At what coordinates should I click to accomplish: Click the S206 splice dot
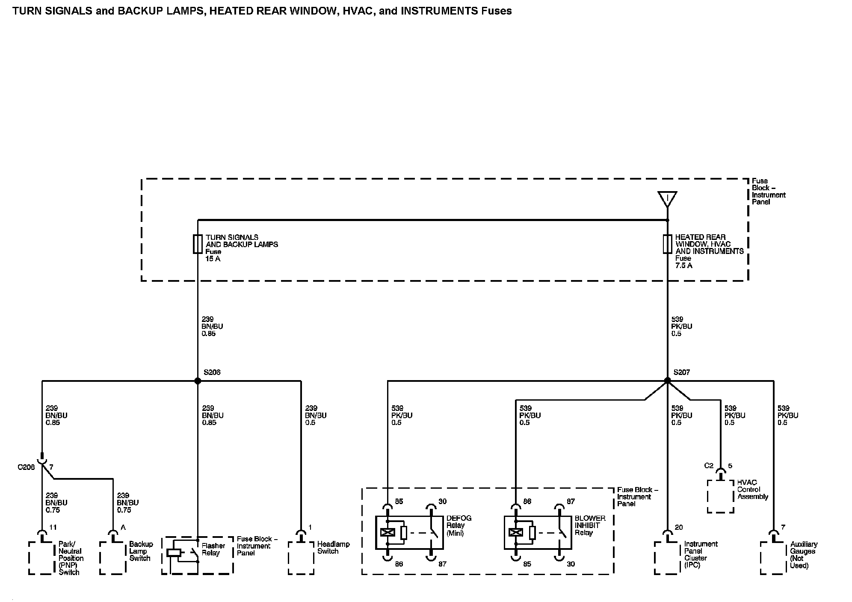pos(198,381)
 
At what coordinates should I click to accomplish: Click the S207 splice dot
pos(667,381)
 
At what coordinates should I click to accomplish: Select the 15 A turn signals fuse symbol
pos(198,244)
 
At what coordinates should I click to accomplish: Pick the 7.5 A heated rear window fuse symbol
pos(667,244)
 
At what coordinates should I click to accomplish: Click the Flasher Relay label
pos(213,549)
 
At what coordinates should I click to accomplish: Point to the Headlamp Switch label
pos(333,548)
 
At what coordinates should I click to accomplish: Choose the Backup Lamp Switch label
pos(141,551)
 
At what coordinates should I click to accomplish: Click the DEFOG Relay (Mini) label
pos(459,525)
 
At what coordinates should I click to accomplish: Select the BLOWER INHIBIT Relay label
pos(590,525)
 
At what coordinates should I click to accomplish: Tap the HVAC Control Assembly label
pos(752,490)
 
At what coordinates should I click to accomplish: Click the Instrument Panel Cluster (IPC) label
pos(701,555)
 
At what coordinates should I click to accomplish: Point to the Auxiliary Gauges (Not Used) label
pos(803,555)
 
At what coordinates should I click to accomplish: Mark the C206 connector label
pos(26,467)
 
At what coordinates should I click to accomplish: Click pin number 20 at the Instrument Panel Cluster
pos(679,527)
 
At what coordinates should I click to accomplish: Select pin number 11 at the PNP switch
pos(53,527)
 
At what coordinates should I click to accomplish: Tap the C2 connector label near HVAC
pos(709,465)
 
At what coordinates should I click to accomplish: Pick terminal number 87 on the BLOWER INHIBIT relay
pos(571,501)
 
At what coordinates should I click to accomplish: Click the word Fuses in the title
pos(497,11)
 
